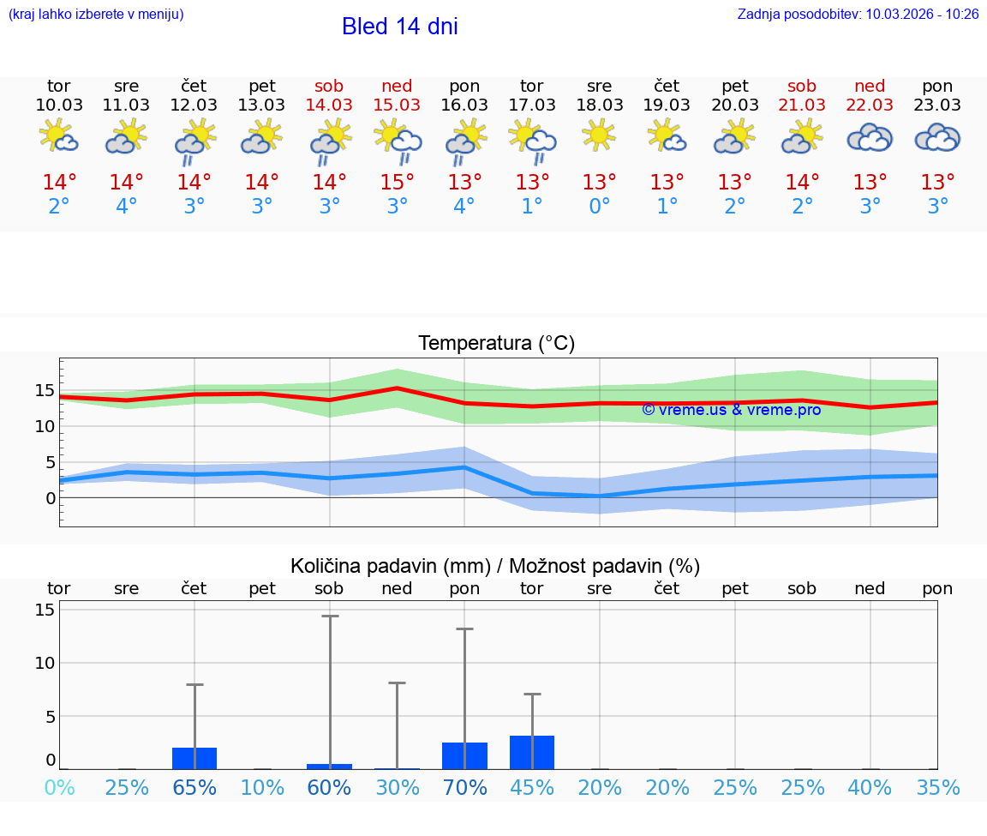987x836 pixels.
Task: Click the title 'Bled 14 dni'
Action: pyautogui.click(x=399, y=27)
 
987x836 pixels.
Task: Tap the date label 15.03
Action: pyautogui.click(x=397, y=105)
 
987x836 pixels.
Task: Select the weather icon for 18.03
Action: pyautogui.click(x=599, y=135)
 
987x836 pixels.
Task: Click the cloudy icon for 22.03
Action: pyautogui.click(x=870, y=137)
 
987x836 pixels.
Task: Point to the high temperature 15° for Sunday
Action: pyautogui.click(x=397, y=183)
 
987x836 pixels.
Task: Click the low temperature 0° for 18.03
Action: pyautogui.click(x=599, y=207)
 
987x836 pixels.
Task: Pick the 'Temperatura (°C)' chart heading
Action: pyautogui.click(x=496, y=344)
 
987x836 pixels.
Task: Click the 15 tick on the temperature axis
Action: pyautogui.click(x=45, y=390)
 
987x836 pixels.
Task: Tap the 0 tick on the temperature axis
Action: pyautogui.click(x=51, y=498)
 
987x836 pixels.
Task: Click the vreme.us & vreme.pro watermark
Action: pyautogui.click(x=731, y=410)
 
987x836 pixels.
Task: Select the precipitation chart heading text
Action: pyautogui.click(x=495, y=566)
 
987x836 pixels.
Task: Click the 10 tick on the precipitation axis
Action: pyautogui.click(x=45, y=663)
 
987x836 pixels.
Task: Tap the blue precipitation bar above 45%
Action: pyautogui.click(x=532, y=752)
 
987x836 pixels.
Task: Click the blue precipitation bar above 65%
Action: pyautogui.click(x=194, y=758)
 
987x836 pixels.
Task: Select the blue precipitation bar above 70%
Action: pyautogui.click(x=464, y=755)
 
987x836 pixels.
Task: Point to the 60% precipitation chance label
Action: pyautogui.click(x=329, y=788)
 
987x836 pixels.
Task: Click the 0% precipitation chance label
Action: pyautogui.click(x=59, y=788)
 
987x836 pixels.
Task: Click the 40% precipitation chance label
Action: pyautogui.click(x=870, y=788)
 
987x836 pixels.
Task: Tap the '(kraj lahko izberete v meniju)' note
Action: pyautogui.click(x=96, y=15)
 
